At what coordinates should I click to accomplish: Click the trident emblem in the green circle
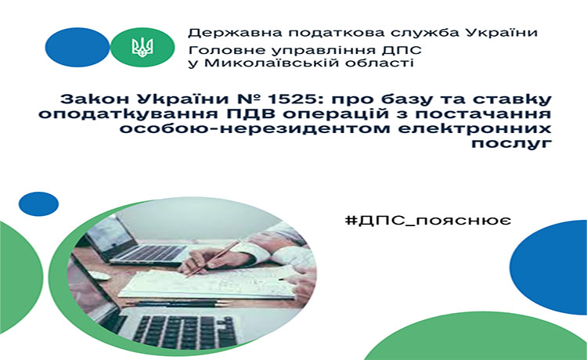point(142,47)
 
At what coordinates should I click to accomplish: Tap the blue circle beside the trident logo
point(77,47)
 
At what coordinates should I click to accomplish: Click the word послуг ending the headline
point(511,143)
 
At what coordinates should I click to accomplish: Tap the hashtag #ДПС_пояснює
point(428,220)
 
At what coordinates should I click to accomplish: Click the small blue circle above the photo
point(38,204)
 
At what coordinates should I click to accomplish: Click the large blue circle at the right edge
point(549,267)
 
